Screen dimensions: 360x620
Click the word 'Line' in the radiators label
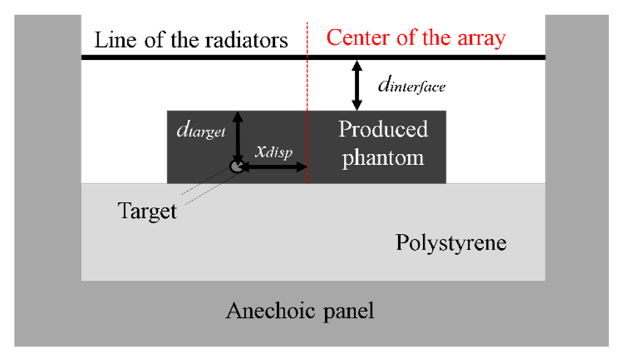[115, 40]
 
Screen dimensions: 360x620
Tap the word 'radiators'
[246, 40]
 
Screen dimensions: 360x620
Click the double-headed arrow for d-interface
[357, 85]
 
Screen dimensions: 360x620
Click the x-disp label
[274, 151]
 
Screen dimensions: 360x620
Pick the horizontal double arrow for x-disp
[274, 167]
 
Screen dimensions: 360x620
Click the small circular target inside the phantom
[236, 166]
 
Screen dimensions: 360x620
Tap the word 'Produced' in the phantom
[383, 129]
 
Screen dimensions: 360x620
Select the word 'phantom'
[383, 158]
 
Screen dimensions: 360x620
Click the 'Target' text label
[147, 211]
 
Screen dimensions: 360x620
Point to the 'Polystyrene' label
[451, 243]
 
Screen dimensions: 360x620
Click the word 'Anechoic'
[270, 311]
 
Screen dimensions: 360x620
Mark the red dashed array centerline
[307, 92]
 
